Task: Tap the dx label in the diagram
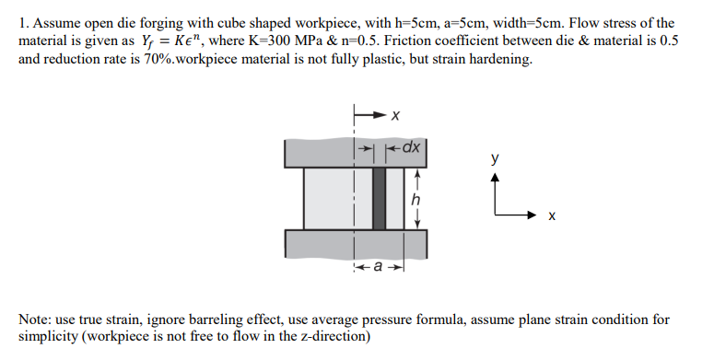(x=412, y=146)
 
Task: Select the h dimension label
(x=416, y=199)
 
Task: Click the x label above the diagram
(x=394, y=116)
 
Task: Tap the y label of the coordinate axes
(x=497, y=158)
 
